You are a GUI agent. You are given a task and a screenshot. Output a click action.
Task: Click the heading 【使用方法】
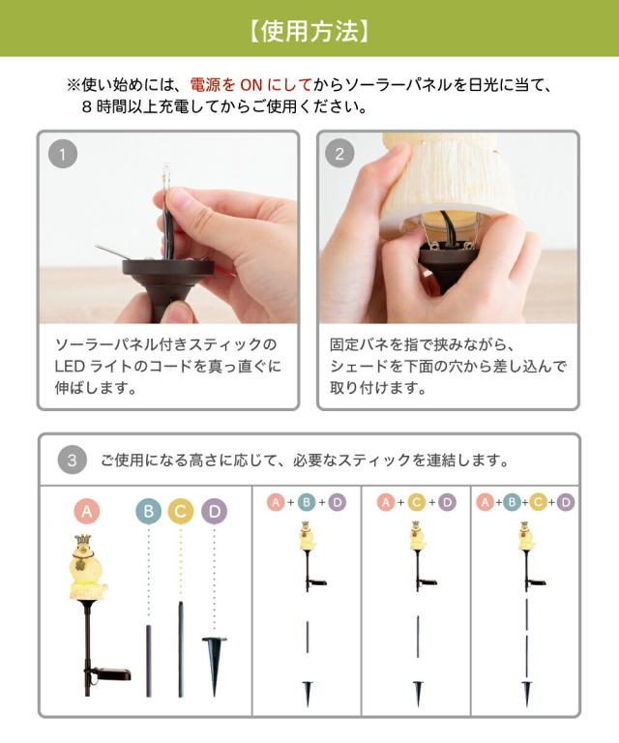click(309, 31)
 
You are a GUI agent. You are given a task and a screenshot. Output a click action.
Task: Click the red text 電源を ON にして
click(251, 85)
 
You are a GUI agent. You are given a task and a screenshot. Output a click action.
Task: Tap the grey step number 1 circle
click(63, 154)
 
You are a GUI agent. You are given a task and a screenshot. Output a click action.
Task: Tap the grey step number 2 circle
click(339, 154)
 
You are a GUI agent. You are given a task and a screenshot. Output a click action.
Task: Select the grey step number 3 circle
click(72, 461)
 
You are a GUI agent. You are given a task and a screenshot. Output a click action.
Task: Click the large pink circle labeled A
click(87, 511)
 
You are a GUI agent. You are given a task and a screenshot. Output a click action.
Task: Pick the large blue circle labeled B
click(148, 511)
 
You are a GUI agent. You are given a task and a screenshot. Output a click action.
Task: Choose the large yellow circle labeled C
click(181, 511)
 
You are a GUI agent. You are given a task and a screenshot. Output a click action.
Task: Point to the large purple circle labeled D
click(214, 511)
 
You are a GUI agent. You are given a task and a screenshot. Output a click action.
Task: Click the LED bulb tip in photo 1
click(166, 169)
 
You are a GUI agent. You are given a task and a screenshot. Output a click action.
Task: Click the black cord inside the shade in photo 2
click(448, 226)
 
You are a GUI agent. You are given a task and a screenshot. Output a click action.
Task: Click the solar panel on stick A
click(112, 673)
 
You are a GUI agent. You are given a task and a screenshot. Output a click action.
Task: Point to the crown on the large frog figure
click(83, 541)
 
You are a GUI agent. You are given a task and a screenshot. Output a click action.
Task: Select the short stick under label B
click(149, 661)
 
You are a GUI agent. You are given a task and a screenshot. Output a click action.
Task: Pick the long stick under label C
click(181, 649)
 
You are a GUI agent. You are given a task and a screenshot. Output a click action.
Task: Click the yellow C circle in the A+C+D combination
click(416, 502)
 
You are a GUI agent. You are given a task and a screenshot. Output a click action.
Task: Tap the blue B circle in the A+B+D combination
click(307, 502)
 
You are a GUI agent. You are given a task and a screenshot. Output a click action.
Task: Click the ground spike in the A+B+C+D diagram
click(527, 693)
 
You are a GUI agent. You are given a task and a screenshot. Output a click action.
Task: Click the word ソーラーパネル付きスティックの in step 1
click(165, 344)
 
